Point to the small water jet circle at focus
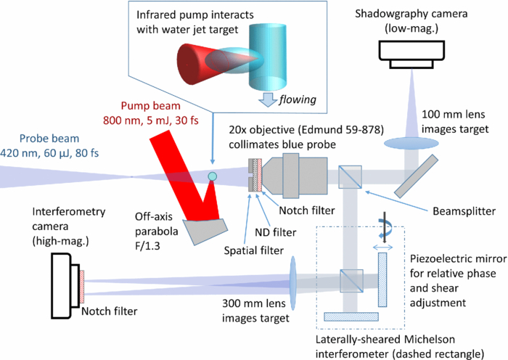(x=212, y=176)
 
